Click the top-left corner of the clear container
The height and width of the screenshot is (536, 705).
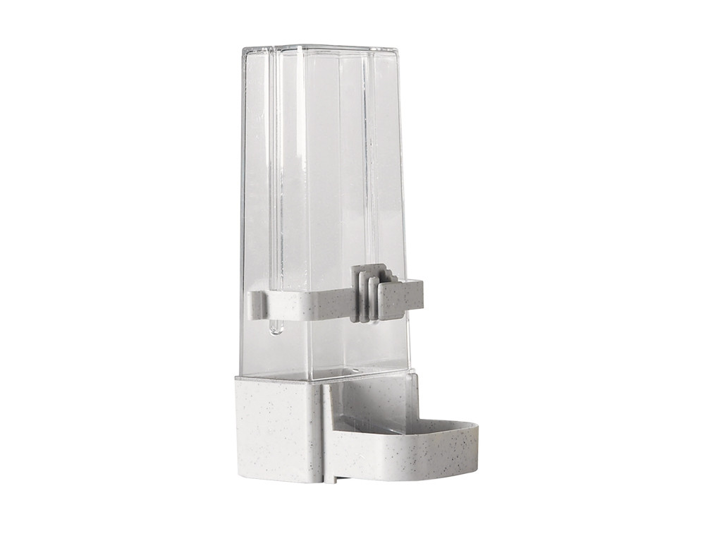(244, 49)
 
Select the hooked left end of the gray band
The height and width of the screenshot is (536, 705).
(255, 304)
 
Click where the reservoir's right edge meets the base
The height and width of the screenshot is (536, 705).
(407, 371)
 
